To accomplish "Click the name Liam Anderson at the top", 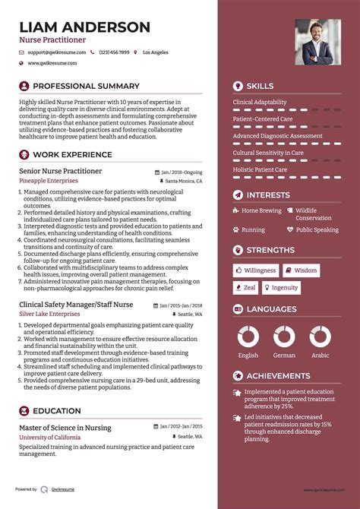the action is (x=84, y=27).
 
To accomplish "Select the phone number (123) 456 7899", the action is (x=115, y=52).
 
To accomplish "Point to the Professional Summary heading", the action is (x=85, y=86).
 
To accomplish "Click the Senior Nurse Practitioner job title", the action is (x=60, y=171).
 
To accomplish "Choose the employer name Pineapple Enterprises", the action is (x=48, y=182).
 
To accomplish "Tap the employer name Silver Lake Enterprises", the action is (x=50, y=313).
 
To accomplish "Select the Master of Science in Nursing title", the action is (x=65, y=428).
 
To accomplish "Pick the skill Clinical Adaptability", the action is (x=259, y=102).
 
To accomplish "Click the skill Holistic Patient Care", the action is (x=260, y=169).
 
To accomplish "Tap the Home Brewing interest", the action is (x=261, y=210).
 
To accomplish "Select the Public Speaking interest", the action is (x=317, y=229).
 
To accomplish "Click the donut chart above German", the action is (x=284, y=337).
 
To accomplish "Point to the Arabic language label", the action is (x=321, y=355).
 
